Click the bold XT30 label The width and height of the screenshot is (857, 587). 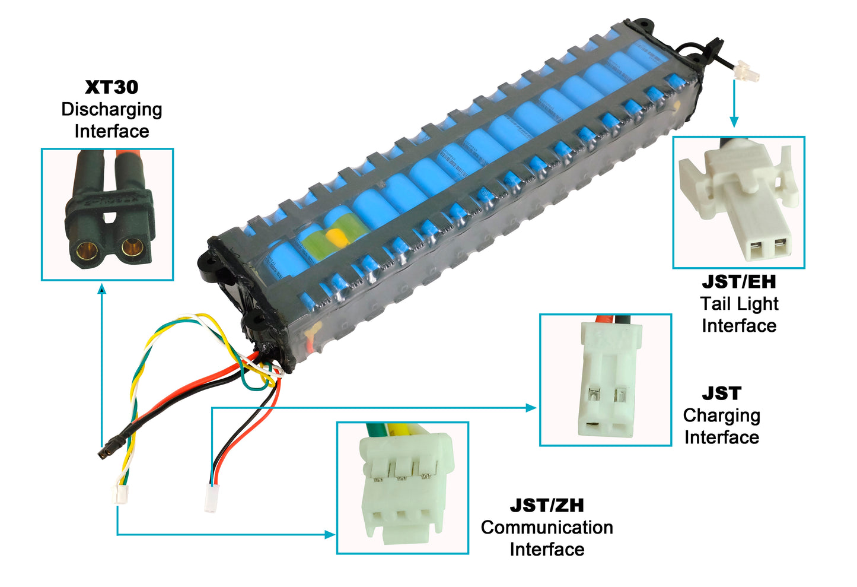pos(111,87)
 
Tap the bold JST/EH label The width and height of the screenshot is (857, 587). pos(738,281)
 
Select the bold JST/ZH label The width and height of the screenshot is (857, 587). pos(547,506)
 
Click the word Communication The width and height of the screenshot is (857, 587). pos(547,528)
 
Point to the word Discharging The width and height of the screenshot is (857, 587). pos(111,109)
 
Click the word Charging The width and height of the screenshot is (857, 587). pos(721,415)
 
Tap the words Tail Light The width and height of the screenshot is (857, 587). pos(738,303)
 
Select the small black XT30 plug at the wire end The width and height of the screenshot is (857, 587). pos(106,451)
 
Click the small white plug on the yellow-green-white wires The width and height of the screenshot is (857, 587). pos(120,494)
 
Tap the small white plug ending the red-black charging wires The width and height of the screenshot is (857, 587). pos(211,499)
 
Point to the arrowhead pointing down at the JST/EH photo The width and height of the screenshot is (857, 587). pos(734,122)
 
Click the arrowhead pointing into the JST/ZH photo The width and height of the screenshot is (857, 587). pos(330,535)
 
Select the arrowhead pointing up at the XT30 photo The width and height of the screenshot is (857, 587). pos(102,288)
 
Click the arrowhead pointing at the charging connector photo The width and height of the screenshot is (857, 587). pos(531,408)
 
